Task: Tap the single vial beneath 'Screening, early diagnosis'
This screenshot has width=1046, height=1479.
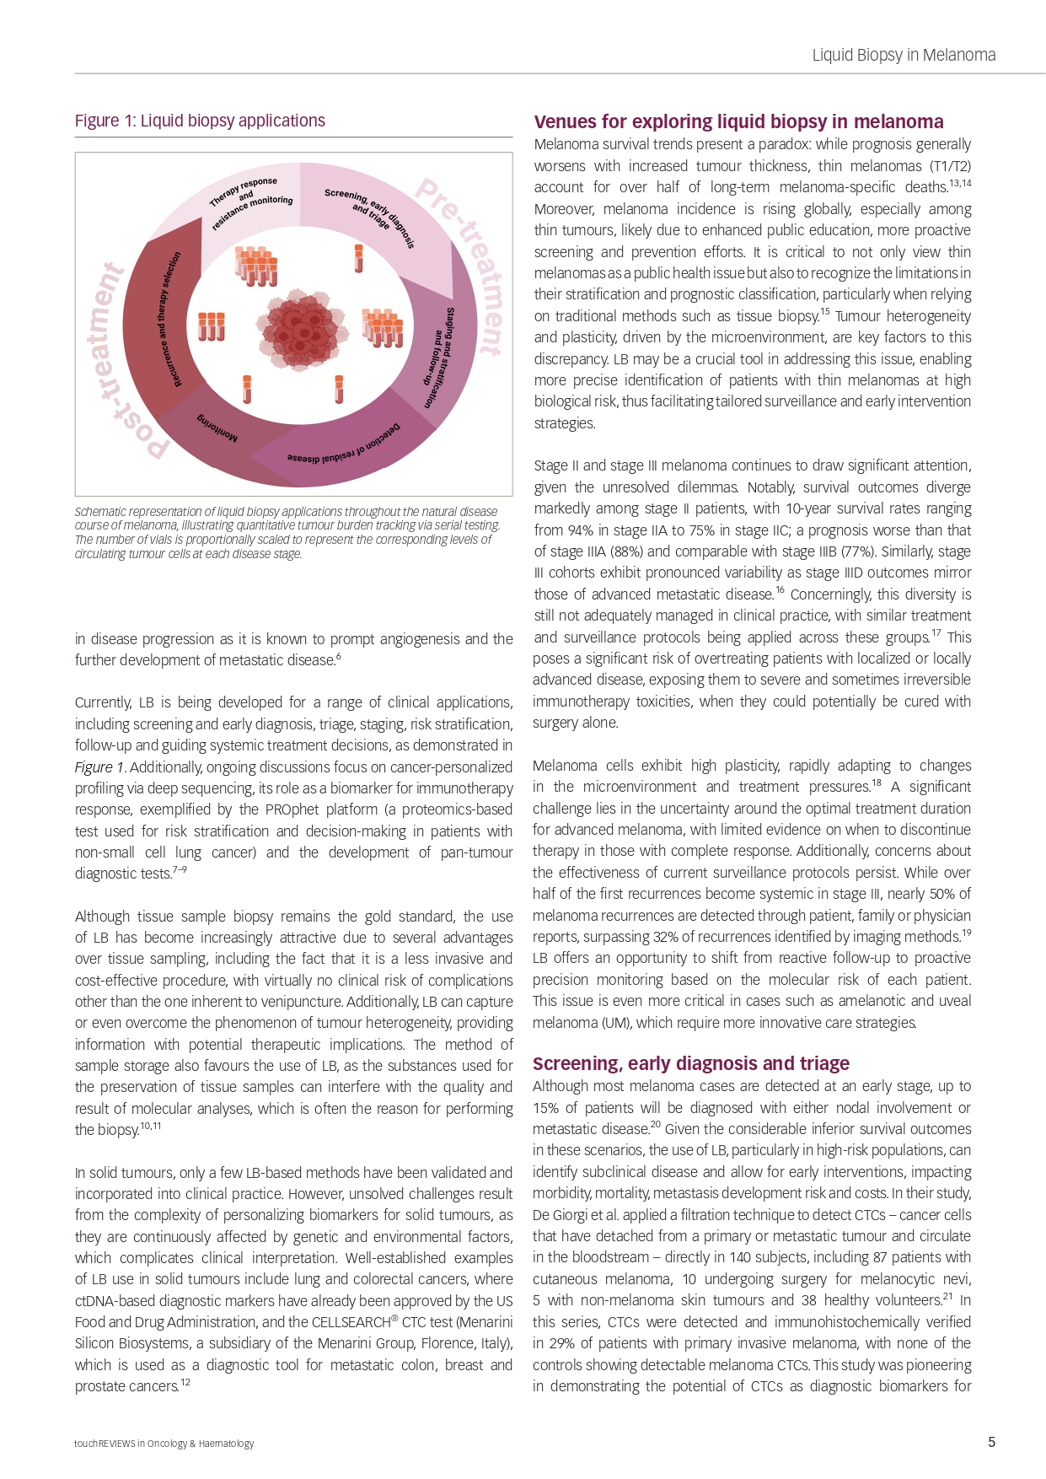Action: click(358, 258)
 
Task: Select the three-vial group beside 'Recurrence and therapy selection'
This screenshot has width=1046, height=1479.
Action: click(211, 326)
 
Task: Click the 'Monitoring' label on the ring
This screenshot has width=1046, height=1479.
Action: click(218, 428)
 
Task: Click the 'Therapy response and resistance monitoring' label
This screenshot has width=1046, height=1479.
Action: click(251, 202)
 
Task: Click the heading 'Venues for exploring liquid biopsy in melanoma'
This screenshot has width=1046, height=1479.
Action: click(738, 122)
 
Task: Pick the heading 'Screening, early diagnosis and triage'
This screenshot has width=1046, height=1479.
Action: click(691, 1063)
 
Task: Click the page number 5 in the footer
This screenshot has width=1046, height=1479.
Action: click(991, 1442)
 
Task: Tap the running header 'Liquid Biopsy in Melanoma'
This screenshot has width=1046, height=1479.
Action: click(904, 56)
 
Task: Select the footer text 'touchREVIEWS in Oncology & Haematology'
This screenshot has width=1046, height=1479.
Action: click(164, 1443)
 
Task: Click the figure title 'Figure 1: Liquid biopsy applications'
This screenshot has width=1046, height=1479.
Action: click(200, 121)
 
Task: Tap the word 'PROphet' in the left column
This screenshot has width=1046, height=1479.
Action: click(291, 809)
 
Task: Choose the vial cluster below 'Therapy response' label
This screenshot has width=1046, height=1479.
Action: click(256, 266)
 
